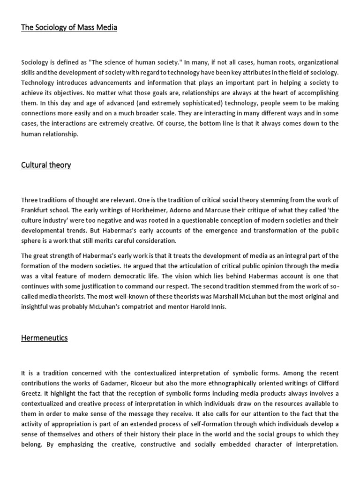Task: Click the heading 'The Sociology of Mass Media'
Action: (69, 28)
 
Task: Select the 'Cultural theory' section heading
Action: (46, 165)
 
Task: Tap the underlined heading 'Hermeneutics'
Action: (45, 337)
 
